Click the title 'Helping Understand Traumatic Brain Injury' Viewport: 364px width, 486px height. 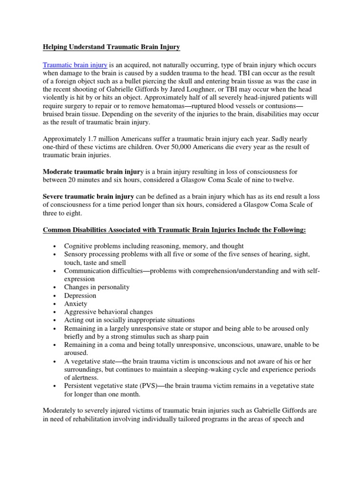click(111, 47)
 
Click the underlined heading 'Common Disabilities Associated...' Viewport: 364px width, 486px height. click(174, 230)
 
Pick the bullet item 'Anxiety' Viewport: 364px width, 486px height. click(76, 304)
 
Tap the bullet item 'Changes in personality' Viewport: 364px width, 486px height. click(97, 287)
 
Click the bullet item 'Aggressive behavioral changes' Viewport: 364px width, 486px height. click(109, 312)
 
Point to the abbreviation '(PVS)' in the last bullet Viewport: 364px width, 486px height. click(151, 386)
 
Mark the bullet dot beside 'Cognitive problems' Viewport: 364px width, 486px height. click(56, 246)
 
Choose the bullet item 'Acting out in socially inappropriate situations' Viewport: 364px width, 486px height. click(129, 320)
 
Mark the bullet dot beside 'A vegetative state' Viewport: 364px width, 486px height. click(56, 361)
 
